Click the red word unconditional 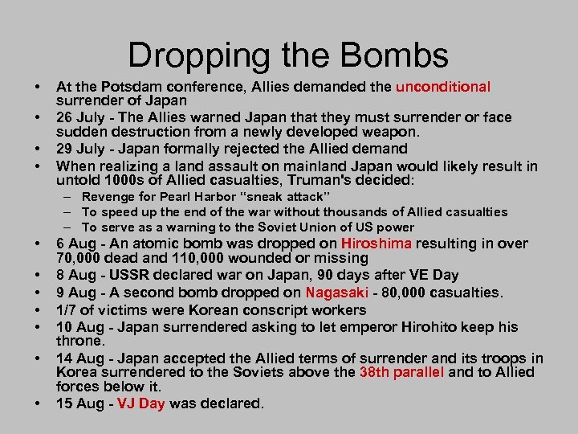pos(442,87)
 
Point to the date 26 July pos(79,117)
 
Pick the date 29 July pos(79,149)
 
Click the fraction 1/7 pos(67,310)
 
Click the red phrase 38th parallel pos(401,372)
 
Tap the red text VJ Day pos(140,403)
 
